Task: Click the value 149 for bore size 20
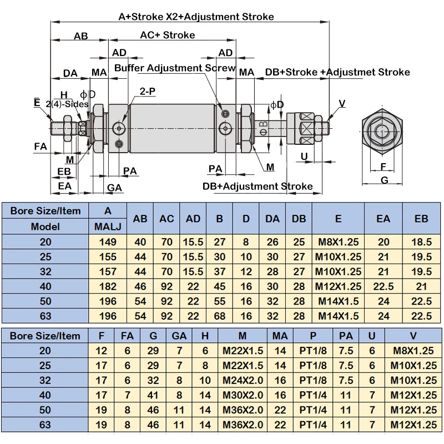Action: (x=108, y=242)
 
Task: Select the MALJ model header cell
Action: (x=108, y=226)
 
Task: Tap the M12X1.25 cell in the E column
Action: (x=338, y=286)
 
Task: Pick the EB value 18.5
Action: (x=421, y=242)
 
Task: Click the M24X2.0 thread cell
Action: (x=243, y=380)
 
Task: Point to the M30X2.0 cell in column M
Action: (x=243, y=395)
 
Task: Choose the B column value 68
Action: (x=219, y=316)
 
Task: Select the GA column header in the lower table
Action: (x=179, y=336)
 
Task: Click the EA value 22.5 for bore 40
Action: (x=384, y=286)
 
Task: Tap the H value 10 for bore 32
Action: (x=205, y=380)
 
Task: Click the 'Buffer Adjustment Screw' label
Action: (x=175, y=68)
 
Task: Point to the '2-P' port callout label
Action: (x=147, y=91)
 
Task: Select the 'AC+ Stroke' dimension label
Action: (x=168, y=35)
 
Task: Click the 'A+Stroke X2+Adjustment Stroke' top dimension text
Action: (x=196, y=17)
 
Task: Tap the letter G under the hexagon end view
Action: (x=384, y=180)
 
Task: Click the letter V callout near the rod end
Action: (x=342, y=103)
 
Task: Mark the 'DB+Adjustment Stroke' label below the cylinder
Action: (x=258, y=186)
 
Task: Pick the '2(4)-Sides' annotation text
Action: (x=67, y=104)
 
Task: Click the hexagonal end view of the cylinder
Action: (x=382, y=132)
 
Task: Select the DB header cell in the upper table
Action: (x=299, y=219)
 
